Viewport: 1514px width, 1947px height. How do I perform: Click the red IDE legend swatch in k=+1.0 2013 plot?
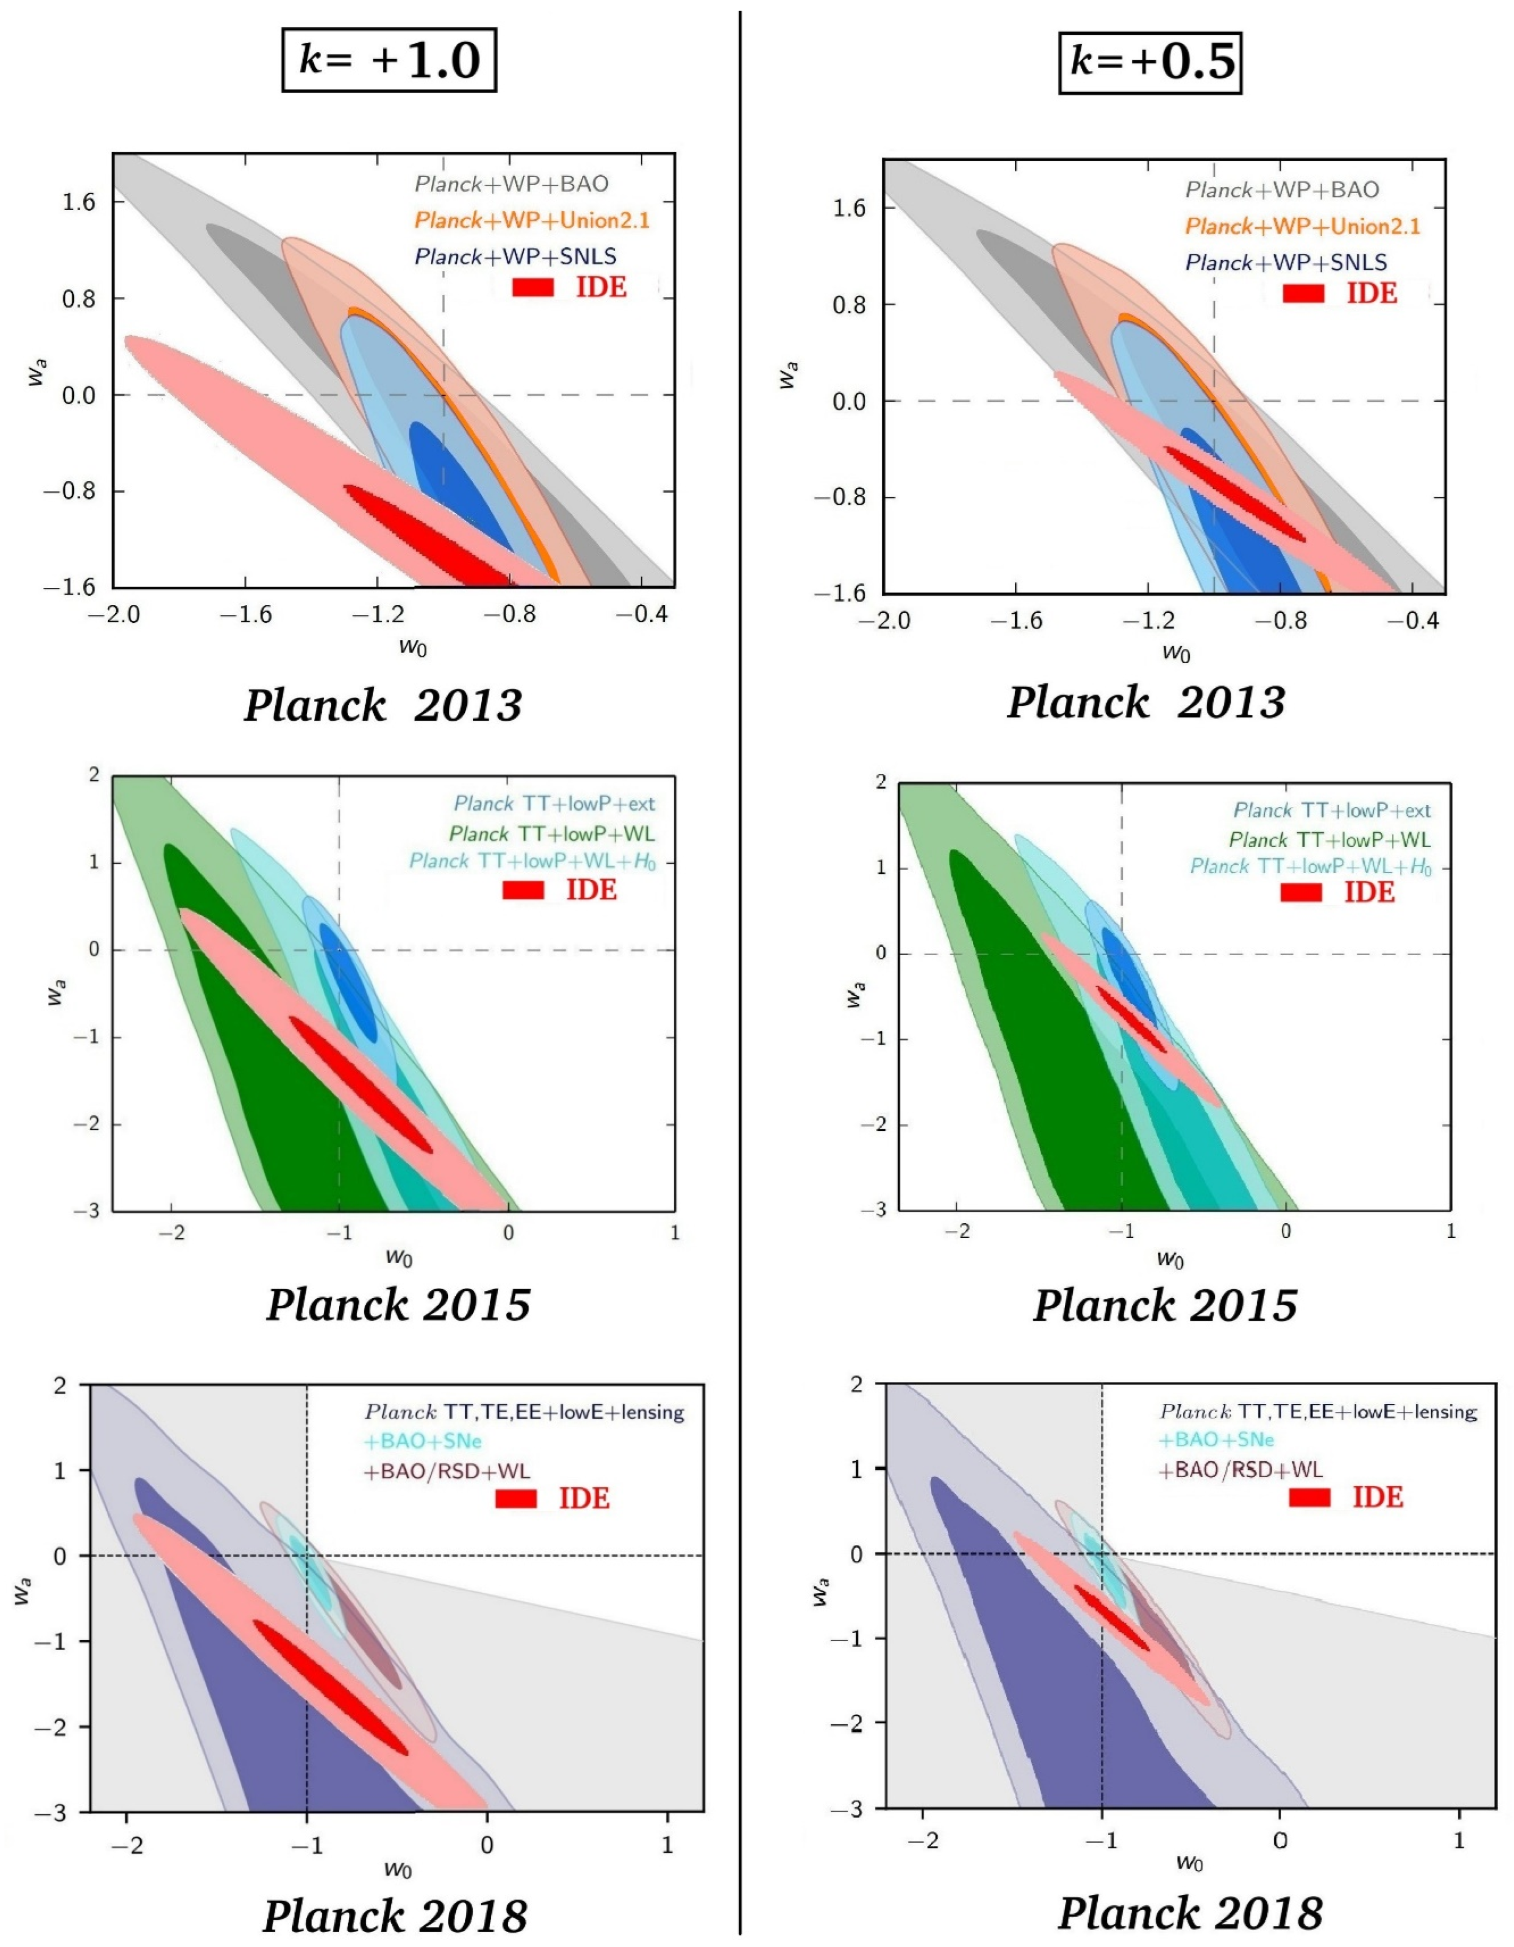[533, 287]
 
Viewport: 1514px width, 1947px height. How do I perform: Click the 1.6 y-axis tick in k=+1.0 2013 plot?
[78, 203]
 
